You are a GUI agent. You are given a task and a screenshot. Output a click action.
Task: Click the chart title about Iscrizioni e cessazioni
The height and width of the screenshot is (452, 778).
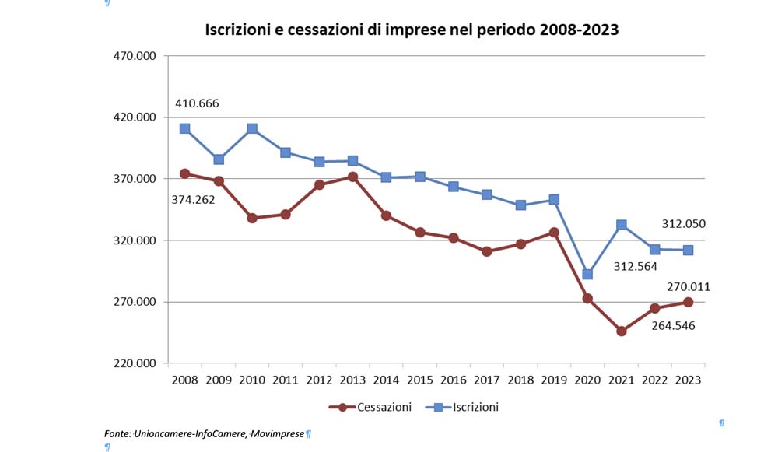pyautogui.click(x=412, y=30)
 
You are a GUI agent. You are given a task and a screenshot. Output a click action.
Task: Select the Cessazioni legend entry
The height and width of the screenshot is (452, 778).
pyautogui.click(x=384, y=407)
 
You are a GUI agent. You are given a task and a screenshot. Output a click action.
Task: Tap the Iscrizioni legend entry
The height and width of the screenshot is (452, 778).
pyautogui.click(x=475, y=407)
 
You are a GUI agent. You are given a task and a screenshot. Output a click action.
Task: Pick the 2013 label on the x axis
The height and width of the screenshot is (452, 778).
pyautogui.click(x=353, y=380)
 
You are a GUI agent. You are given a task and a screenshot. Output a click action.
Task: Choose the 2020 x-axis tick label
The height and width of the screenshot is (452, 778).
pyautogui.click(x=587, y=380)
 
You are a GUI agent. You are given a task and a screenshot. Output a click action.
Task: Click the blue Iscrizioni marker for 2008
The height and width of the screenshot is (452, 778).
pyautogui.click(x=185, y=128)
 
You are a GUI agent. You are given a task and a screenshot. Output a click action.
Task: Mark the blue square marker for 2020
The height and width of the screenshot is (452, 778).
pyautogui.click(x=587, y=274)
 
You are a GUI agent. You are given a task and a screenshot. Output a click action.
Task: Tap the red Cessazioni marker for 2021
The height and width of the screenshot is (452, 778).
pyautogui.click(x=622, y=331)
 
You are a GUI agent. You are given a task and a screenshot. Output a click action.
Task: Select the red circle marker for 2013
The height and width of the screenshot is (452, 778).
pyautogui.click(x=353, y=177)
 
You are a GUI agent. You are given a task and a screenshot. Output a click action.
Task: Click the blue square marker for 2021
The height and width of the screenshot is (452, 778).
pyautogui.click(x=622, y=225)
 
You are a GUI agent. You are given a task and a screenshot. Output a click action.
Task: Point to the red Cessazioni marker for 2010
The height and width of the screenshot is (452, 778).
pyautogui.click(x=252, y=218)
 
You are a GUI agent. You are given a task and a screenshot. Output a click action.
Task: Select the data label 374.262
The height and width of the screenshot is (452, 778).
pyautogui.click(x=194, y=199)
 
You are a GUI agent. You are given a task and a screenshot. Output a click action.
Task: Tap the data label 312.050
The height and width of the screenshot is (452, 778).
pyautogui.click(x=683, y=224)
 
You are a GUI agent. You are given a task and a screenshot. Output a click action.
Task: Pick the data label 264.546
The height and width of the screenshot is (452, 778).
pyautogui.click(x=673, y=325)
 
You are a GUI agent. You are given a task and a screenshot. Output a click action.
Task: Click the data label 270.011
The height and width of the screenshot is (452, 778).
pyautogui.click(x=688, y=287)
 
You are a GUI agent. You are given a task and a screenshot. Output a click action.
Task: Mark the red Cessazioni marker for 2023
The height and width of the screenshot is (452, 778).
pyautogui.click(x=688, y=302)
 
